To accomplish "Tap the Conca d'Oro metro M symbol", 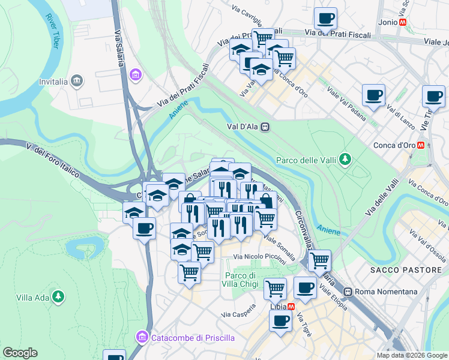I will tap(421, 145).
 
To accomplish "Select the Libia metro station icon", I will tap(291, 306).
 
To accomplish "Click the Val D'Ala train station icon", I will tap(265, 127).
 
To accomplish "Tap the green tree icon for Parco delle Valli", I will tap(345, 160).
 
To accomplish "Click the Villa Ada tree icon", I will tap(58, 296).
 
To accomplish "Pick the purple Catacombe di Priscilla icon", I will tap(142, 338).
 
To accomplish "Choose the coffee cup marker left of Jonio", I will tap(325, 18).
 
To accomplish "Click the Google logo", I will tap(20, 353).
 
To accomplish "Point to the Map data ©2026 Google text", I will tap(411, 355).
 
